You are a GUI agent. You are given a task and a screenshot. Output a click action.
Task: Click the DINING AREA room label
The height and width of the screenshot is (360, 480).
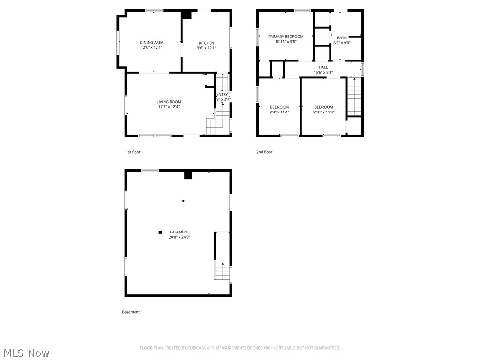[x=151, y=43]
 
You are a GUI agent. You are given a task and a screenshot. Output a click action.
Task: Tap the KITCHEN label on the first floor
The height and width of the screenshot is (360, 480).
[x=206, y=43]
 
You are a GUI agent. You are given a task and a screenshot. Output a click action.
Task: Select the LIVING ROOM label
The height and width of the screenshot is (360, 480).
[x=169, y=102]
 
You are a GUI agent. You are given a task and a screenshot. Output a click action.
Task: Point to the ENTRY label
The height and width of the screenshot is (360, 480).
[x=222, y=95]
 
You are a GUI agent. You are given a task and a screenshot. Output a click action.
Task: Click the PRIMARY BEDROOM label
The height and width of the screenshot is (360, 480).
[x=285, y=37]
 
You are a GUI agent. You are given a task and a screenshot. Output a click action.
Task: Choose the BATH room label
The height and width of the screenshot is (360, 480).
[x=341, y=38]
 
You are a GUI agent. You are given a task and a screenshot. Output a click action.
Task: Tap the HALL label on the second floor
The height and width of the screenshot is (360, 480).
[x=323, y=67]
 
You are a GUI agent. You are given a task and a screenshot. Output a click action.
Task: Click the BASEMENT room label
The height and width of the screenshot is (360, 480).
[x=180, y=232]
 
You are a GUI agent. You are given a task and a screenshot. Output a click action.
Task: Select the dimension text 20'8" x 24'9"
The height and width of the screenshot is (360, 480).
[x=180, y=237]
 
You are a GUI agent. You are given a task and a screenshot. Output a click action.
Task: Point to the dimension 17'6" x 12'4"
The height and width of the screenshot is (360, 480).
[x=169, y=107]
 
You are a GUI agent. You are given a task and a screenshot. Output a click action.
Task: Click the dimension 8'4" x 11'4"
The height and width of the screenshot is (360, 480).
[x=279, y=112]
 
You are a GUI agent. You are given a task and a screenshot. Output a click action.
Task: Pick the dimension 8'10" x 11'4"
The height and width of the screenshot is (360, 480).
[x=323, y=112]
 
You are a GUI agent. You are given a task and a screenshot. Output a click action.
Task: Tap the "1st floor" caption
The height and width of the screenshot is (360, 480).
[x=133, y=152]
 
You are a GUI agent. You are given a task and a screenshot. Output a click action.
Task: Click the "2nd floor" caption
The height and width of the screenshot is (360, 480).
[x=264, y=152]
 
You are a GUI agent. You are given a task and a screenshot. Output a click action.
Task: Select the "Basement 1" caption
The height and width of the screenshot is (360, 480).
[x=132, y=312]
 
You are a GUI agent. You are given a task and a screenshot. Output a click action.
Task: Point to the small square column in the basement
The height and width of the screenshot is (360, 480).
[x=160, y=232]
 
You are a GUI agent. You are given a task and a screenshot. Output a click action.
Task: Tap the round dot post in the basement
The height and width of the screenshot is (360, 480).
[x=183, y=201]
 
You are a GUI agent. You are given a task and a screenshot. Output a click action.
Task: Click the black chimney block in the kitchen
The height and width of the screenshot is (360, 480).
[x=187, y=15]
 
